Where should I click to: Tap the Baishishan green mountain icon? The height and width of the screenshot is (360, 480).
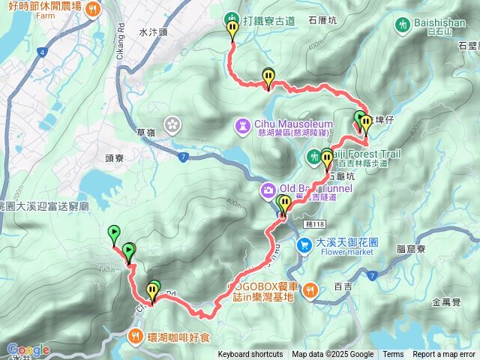tap(403, 24)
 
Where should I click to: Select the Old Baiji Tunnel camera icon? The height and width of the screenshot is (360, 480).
tap(268, 190)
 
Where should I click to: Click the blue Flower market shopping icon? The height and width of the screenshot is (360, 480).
tap(303, 244)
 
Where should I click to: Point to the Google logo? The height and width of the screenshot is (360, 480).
tap(28, 350)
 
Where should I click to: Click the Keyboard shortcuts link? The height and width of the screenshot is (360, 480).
tap(250, 355)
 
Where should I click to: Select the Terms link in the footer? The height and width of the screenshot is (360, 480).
tap(393, 355)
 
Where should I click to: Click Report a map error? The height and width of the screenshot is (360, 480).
tap(443, 355)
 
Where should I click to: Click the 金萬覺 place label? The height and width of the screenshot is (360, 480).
tap(447, 303)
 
